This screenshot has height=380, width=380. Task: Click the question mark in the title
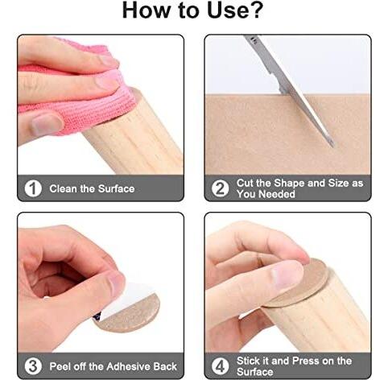pyautogui.click(x=255, y=10)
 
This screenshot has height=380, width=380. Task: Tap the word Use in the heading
pyautogui.click(x=226, y=10)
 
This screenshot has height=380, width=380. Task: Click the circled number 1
pyautogui.click(x=33, y=188)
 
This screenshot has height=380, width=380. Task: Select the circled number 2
pyautogui.click(x=220, y=188)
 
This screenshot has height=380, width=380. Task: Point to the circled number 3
pyautogui.click(x=33, y=366)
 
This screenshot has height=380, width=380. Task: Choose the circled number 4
pyautogui.click(x=220, y=366)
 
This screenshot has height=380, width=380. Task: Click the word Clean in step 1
pyautogui.click(x=63, y=188)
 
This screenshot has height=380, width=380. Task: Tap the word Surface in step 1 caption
pyautogui.click(x=116, y=188)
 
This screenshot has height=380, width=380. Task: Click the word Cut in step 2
pyautogui.click(x=245, y=183)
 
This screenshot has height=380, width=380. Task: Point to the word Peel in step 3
pyautogui.click(x=60, y=366)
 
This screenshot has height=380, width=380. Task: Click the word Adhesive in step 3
pyautogui.click(x=125, y=366)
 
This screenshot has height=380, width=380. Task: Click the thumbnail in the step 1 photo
pyautogui.click(x=47, y=124)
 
